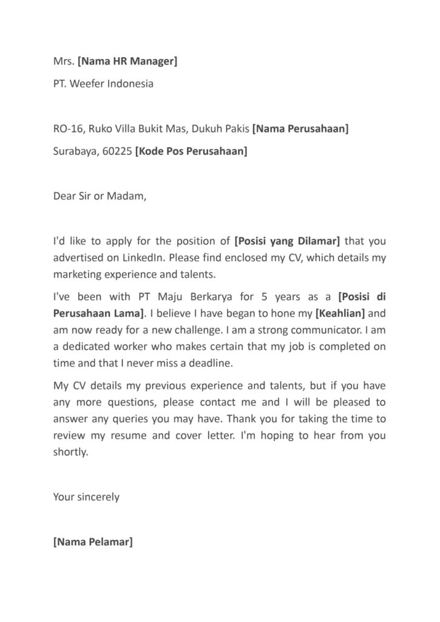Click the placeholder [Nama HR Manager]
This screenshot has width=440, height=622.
(x=127, y=61)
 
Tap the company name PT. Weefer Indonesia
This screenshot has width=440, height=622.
(x=103, y=83)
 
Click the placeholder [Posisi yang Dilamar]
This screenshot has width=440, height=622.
(x=286, y=241)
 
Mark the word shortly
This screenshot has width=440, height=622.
(x=70, y=452)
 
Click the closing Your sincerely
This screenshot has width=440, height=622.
(x=86, y=497)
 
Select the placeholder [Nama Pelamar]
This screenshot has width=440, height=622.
(x=92, y=542)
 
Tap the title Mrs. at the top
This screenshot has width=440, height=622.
(x=64, y=61)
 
